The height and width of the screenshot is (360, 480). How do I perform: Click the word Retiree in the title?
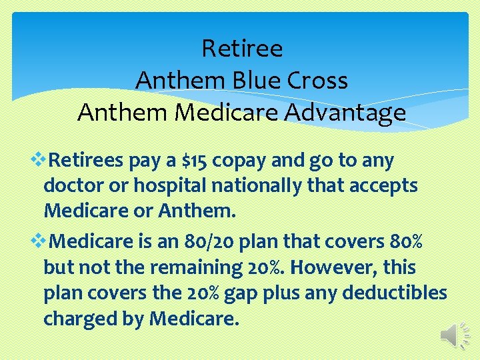coord(241,49)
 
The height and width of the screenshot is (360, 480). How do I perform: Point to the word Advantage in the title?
coord(345,112)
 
